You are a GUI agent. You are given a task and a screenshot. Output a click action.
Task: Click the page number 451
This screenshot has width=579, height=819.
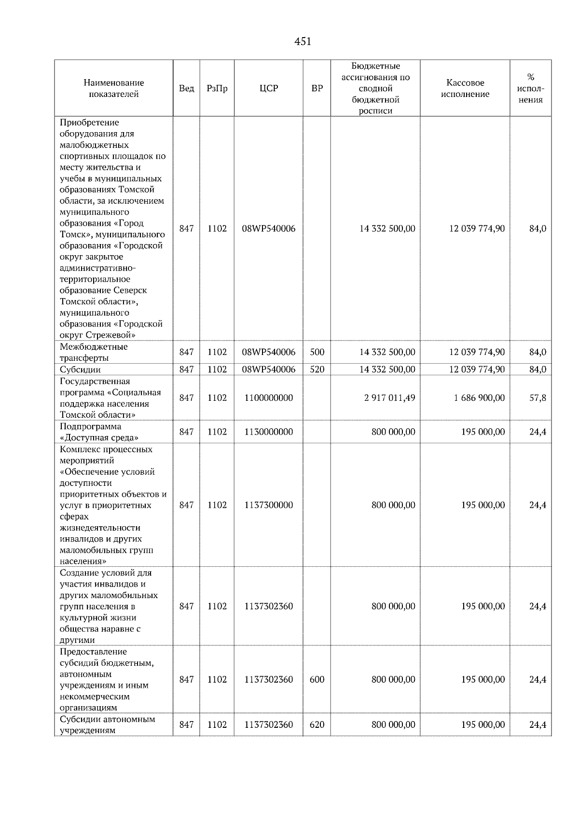coord(303,42)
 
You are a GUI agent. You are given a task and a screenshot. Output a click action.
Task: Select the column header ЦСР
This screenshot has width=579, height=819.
coord(269,88)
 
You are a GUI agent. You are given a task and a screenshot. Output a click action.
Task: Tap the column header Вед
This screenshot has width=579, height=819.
coord(186,88)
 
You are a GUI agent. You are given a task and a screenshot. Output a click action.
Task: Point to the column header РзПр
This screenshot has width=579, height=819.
coord(217,88)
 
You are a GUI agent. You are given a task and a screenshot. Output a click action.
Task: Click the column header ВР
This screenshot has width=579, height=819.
coord(317,88)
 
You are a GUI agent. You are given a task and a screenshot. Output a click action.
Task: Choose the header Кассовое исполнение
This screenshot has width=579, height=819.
coord(465,88)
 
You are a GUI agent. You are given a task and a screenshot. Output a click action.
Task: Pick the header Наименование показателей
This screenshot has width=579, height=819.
coord(113,88)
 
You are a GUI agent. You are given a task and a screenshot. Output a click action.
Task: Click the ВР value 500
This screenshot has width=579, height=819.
coord(317,352)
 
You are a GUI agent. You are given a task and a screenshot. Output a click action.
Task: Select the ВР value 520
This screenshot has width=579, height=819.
coord(317,369)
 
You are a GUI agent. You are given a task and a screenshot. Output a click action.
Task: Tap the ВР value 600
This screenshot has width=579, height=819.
coord(317,680)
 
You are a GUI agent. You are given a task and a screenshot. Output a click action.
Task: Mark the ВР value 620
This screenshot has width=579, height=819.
coord(317,724)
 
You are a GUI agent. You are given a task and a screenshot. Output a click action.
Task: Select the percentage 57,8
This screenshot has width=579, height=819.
coord(538,398)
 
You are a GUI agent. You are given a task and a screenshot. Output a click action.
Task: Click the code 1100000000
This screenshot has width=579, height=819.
coord(269,398)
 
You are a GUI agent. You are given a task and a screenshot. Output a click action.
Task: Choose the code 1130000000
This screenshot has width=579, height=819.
coord(269,432)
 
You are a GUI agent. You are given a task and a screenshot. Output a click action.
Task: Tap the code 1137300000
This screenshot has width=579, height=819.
coord(269,505)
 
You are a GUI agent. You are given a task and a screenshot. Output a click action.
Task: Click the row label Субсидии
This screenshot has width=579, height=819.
coord(80,369)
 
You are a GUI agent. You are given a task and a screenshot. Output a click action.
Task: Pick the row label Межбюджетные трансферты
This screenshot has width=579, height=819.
coord(94,352)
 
